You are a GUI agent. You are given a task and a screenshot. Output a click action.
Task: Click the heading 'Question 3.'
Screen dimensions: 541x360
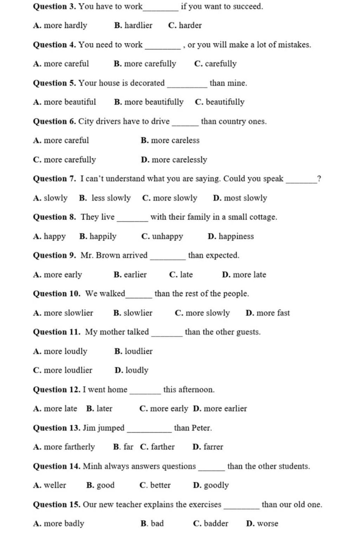(54, 7)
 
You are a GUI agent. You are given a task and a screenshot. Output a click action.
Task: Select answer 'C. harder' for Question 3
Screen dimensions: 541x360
(185, 26)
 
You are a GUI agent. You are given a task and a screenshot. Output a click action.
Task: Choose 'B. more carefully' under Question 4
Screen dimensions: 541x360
(145, 64)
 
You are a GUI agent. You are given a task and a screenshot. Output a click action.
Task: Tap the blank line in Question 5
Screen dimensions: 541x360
(187, 85)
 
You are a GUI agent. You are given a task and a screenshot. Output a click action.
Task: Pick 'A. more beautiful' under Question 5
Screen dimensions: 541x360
(64, 102)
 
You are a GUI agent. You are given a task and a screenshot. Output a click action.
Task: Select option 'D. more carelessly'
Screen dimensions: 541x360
(174, 160)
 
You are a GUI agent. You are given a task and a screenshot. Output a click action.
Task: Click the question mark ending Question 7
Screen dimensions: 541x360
(319, 179)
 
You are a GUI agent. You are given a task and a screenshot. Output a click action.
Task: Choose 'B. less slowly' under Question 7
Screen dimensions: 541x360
(105, 198)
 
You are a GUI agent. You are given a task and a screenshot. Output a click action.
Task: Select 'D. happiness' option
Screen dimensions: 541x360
(231, 237)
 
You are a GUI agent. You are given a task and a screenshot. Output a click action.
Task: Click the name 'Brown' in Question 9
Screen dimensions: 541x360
(108, 256)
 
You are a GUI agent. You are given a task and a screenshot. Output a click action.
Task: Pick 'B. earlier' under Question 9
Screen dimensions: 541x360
(130, 275)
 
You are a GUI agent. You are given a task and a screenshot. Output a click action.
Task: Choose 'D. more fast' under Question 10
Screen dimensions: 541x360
(268, 313)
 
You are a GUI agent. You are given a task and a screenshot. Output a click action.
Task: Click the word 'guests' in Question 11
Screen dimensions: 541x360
(248, 332)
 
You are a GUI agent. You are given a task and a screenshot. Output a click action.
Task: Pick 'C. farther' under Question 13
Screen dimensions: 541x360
(157, 447)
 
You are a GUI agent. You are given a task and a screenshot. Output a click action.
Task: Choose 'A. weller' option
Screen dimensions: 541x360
(50, 485)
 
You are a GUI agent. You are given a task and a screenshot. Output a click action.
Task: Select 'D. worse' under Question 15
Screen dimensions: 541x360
(262, 524)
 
